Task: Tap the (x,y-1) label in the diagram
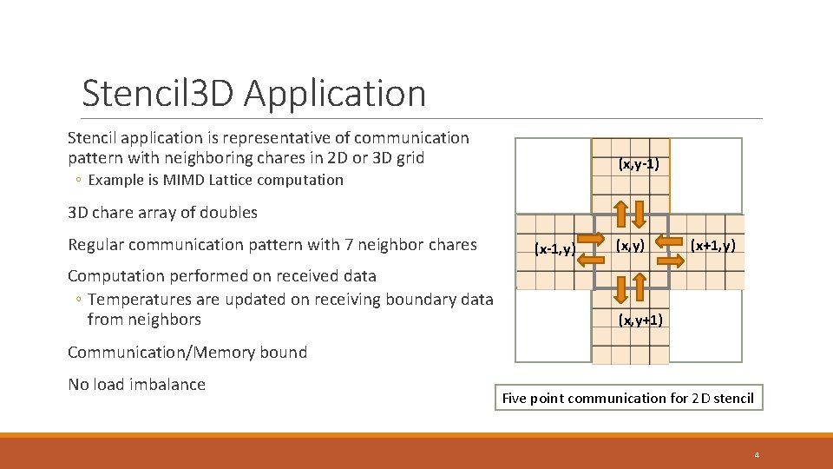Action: [644, 162]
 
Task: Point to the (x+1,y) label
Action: [712, 246]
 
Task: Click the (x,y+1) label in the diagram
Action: [640, 320]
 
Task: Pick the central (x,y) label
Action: [630, 246]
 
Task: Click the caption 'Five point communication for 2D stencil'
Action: [628, 399]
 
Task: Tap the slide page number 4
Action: [757, 455]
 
